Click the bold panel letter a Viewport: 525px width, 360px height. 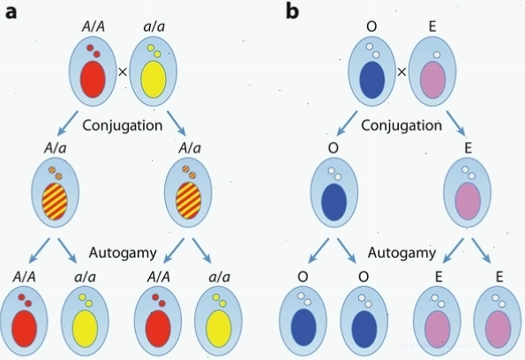pos(11,12)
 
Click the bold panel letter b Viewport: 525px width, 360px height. pos(293,11)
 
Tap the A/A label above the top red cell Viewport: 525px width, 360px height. pos(93,26)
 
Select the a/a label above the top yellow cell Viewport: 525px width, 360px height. pos(154,26)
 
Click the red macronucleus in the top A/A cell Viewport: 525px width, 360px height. pos(93,79)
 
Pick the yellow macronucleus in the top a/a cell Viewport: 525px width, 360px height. pos(154,79)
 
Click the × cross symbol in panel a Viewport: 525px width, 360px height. pos(123,71)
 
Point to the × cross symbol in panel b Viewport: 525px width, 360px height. pos(401,71)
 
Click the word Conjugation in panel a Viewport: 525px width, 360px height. pos(123,125)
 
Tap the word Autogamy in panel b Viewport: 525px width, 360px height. pos(401,252)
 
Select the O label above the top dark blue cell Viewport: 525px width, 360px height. pos(371,26)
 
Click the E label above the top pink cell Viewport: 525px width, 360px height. pos(432,26)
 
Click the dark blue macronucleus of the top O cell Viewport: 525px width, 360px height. pos(372,79)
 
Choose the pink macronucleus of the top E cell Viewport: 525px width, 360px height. pos(432,79)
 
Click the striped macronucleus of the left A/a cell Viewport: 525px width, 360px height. pos(55,201)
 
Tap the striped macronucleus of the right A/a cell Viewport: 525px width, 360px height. pos(189,201)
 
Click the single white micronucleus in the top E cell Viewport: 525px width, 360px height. pos(437,55)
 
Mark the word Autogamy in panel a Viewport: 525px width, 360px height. pos(123,253)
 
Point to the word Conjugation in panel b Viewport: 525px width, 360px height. pos(401,125)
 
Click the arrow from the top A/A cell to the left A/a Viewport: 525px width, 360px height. pos(68,123)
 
